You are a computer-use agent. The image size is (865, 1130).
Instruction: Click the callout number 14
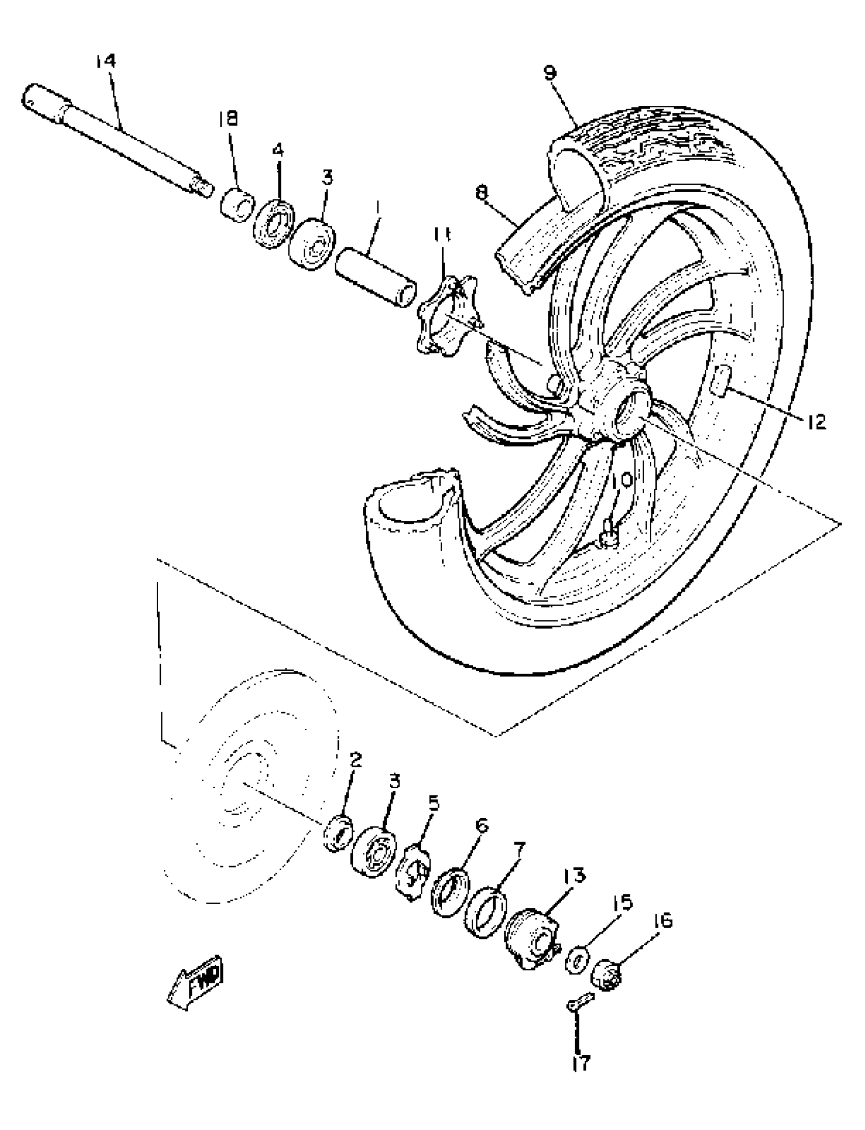[x=105, y=61]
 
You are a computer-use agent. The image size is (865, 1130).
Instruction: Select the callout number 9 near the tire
[x=550, y=73]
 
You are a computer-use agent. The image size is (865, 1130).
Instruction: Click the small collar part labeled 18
[x=238, y=205]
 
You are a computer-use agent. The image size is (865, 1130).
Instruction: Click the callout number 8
[x=481, y=193]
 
